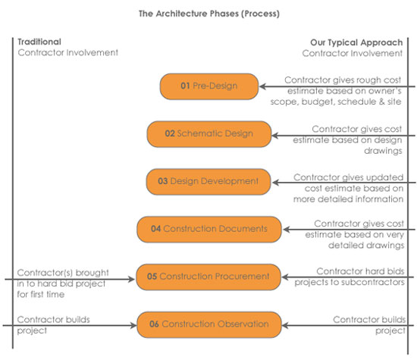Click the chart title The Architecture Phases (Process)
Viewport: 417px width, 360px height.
click(208, 13)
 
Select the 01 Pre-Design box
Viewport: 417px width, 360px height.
click(208, 86)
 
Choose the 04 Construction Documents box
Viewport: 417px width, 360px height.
click(208, 228)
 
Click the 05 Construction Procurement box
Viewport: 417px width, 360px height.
click(208, 276)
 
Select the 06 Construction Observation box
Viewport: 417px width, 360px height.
click(208, 324)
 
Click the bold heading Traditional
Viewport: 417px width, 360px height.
click(39, 42)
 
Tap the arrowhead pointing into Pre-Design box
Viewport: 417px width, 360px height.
click(263, 86)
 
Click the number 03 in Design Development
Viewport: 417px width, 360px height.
click(162, 182)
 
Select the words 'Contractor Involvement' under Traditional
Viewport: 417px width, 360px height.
click(67, 53)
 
